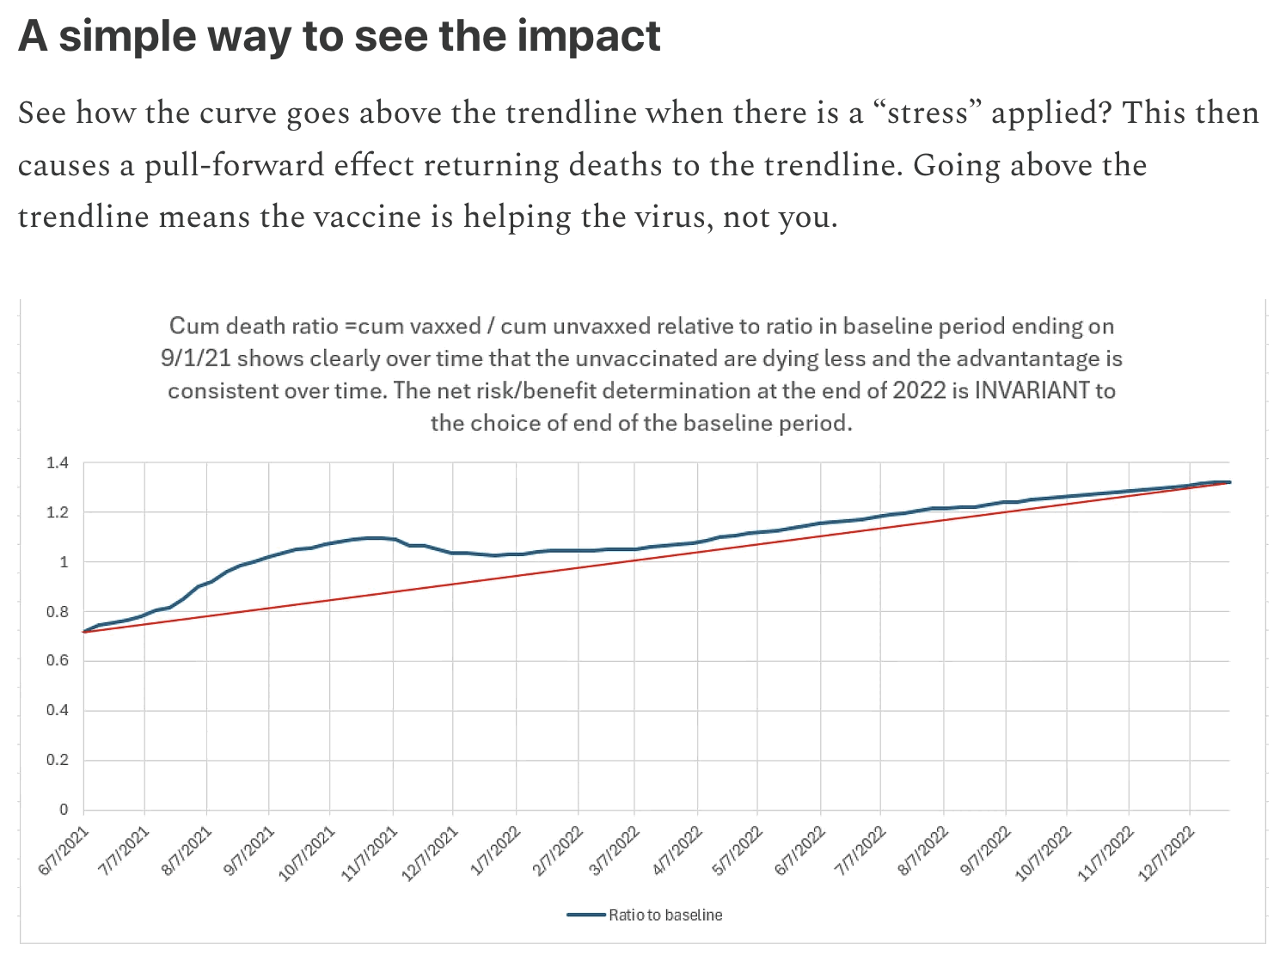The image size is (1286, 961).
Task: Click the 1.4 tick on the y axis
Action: pyautogui.click(x=58, y=463)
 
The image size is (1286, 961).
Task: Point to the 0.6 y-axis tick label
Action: pyautogui.click(x=58, y=661)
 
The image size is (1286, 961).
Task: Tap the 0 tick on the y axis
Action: pyautogui.click(x=64, y=810)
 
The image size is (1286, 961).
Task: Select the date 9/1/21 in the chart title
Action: pyautogui.click(x=197, y=358)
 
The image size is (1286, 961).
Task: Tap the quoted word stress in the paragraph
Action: pyautogui.click(x=928, y=113)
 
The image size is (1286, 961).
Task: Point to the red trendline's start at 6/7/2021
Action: pyautogui.click(x=84, y=632)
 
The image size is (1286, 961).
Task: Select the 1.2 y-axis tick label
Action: pyautogui.click(x=58, y=513)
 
